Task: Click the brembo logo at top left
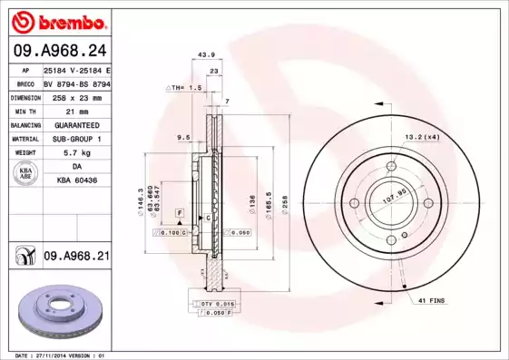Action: pos(57,20)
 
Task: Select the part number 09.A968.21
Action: pos(76,258)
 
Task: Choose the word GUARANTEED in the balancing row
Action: pos(75,124)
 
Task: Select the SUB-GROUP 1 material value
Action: pos(75,139)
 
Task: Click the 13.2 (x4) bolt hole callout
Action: pos(422,136)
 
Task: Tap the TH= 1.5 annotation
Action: pos(182,88)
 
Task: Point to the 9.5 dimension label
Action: pos(181,137)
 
